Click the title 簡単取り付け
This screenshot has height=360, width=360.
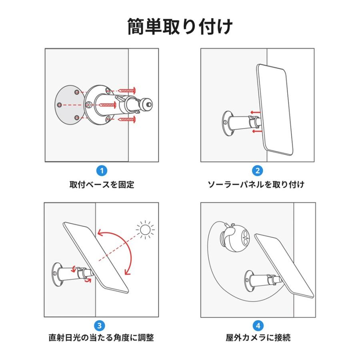pos(180,27)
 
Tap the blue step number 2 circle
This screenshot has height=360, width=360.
pos(258,171)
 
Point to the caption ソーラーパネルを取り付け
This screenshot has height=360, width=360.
pos(258,184)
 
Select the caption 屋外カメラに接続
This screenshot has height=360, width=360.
pos(258,338)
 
